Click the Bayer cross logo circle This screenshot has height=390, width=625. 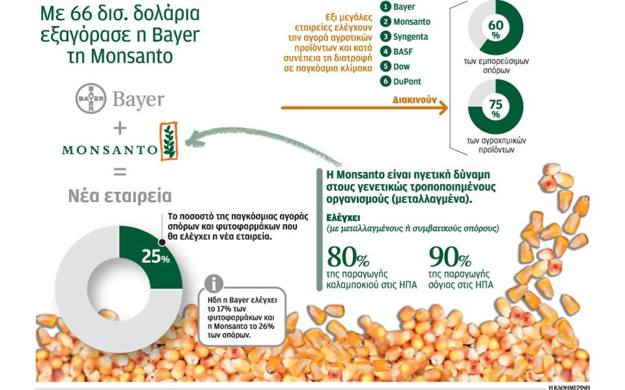[x=91, y=98]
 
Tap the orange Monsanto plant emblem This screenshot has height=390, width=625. [x=168, y=142]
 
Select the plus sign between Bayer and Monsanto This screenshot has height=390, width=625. [x=120, y=128]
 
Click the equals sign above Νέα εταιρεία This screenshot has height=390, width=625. [x=120, y=172]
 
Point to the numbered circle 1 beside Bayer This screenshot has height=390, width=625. [x=385, y=7]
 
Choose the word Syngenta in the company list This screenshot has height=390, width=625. [x=410, y=37]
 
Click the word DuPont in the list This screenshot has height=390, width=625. [x=407, y=82]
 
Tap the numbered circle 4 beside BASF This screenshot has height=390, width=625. [x=385, y=52]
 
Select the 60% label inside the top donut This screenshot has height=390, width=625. [x=495, y=29]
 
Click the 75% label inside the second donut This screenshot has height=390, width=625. [x=495, y=108]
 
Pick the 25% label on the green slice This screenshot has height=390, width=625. [x=155, y=257]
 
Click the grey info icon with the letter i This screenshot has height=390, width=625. [x=213, y=283]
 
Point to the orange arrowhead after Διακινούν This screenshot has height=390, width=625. [x=443, y=108]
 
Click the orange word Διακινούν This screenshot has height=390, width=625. [x=414, y=100]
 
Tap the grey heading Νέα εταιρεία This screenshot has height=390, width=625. [x=120, y=196]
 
